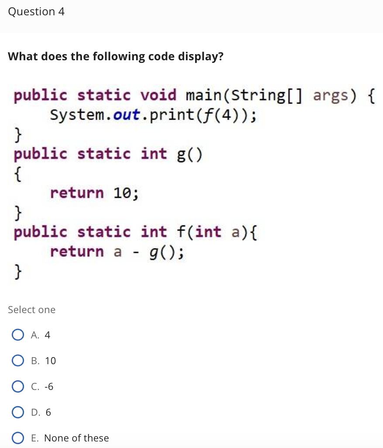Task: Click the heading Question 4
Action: pyautogui.click(x=36, y=12)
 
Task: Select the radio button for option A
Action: pyautogui.click(x=18, y=335)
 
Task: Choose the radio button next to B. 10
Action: pyautogui.click(x=18, y=361)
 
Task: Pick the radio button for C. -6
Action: pyautogui.click(x=18, y=386)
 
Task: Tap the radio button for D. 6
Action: pyautogui.click(x=18, y=412)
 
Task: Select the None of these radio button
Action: pyautogui.click(x=18, y=438)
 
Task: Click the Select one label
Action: pyautogui.click(x=32, y=310)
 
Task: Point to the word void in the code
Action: pyautogui.click(x=159, y=95)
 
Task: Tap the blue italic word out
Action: pyautogui.click(x=127, y=115)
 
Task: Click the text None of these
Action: pyautogui.click(x=77, y=438)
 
